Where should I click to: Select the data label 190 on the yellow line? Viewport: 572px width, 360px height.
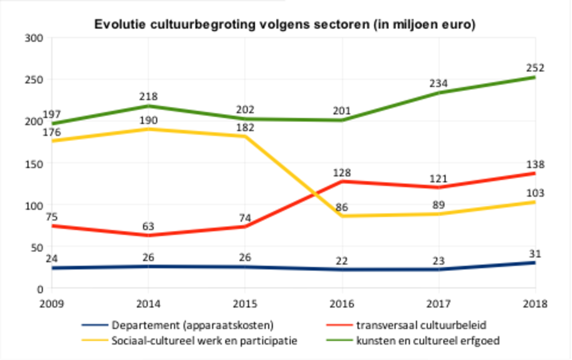point(149,119)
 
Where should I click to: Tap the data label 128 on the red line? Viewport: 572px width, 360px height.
point(342,172)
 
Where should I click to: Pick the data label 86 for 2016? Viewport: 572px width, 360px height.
point(342,207)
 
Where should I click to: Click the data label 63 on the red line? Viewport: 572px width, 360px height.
point(149,226)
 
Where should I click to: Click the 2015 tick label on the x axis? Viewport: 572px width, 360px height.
point(245,304)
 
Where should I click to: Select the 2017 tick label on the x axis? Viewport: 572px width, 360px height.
point(438,304)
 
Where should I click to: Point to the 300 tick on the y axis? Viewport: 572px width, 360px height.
point(36,38)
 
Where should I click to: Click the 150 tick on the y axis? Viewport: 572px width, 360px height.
point(36,163)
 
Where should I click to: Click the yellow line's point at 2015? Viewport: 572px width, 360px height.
point(245,136)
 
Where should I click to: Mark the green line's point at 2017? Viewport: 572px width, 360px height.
point(438,93)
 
